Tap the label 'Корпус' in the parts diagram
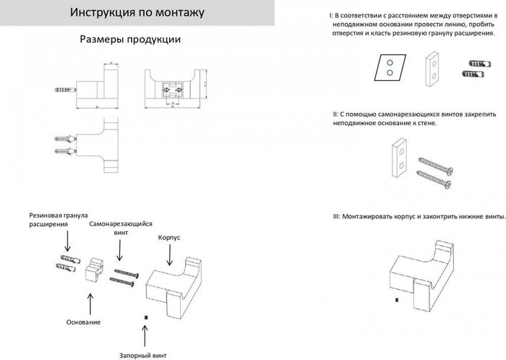pyautogui.click(x=168, y=237)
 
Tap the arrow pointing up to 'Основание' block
pyautogui.click(x=90, y=301)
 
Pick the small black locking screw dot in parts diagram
pyautogui.click(x=145, y=316)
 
